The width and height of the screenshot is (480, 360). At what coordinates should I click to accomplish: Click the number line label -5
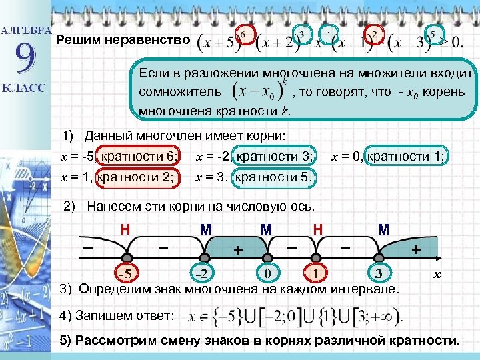pyautogui.click(x=124, y=274)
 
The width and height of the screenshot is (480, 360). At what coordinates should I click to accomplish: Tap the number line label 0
pyautogui.click(x=267, y=274)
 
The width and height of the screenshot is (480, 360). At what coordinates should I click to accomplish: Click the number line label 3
pyautogui.click(x=379, y=274)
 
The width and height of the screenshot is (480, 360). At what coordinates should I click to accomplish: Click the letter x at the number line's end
pyautogui.click(x=437, y=274)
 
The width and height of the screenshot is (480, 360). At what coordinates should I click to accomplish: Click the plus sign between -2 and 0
pyautogui.click(x=237, y=251)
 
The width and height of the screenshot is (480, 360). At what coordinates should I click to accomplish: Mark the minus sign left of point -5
pyautogui.click(x=87, y=246)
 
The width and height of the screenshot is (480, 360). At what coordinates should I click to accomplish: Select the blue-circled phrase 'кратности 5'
pyautogui.click(x=275, y=177)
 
